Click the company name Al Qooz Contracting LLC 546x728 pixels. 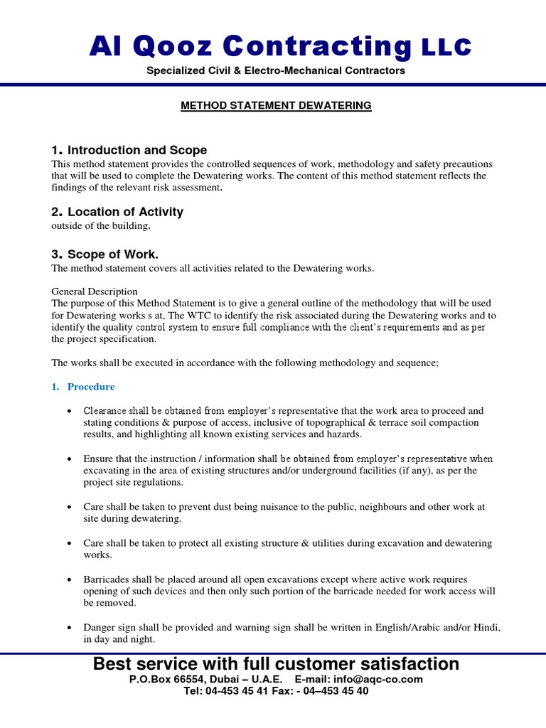coord(279,46)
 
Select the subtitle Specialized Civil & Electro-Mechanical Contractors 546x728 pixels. coord(275,70)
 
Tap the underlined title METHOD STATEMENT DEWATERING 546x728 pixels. coord(276,105)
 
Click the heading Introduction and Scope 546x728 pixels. coord(136,150)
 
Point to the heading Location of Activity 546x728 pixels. coord(125,212)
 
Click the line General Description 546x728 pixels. coord(95,291)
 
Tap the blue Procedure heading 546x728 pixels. coord(90,387)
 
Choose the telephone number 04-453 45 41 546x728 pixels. coord(232,690)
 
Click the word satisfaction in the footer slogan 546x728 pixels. coord(398,664)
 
